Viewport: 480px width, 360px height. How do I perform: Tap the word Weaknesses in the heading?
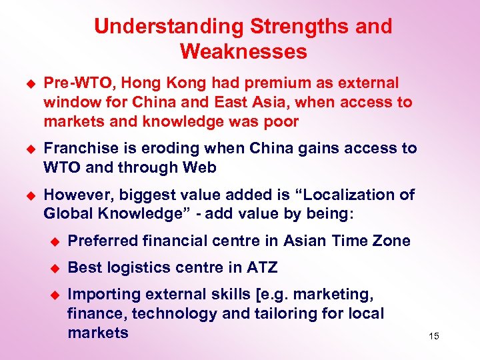point(243,51)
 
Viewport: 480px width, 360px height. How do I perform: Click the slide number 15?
point(434,336)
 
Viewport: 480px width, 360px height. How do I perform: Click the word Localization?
point(341,195)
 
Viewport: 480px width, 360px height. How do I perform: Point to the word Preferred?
point(103,241)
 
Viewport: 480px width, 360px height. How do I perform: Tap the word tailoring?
point(281,313)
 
